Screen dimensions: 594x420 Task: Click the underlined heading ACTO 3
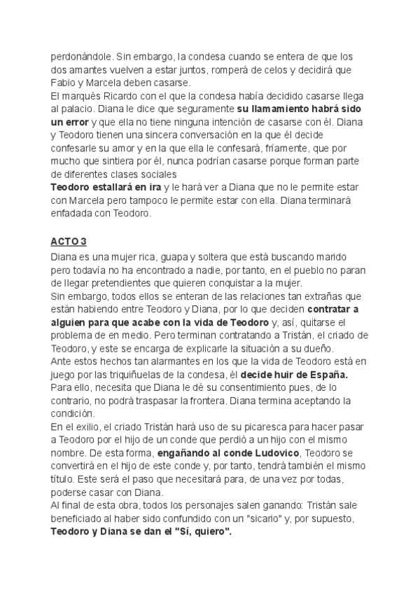pos(69,242)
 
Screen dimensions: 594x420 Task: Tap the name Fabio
pos(64,83)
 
